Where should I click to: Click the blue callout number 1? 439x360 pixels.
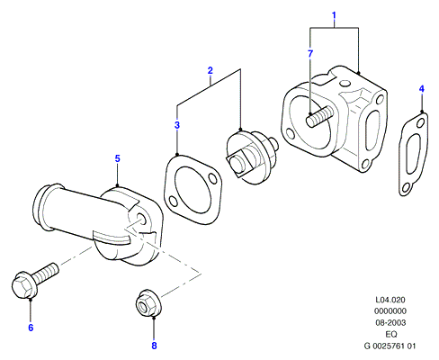point(334,15)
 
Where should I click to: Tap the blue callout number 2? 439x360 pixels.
point(211,70)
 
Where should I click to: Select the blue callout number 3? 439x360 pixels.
point(177,125)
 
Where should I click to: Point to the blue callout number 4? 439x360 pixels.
point(422,89)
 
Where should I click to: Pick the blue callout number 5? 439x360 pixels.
point(117,158)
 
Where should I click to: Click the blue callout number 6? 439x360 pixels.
point(31,328)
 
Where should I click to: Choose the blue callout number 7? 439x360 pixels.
point(310,53)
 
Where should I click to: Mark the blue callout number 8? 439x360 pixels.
point(154,346)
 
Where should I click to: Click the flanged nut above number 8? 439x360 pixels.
point(148,303)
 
